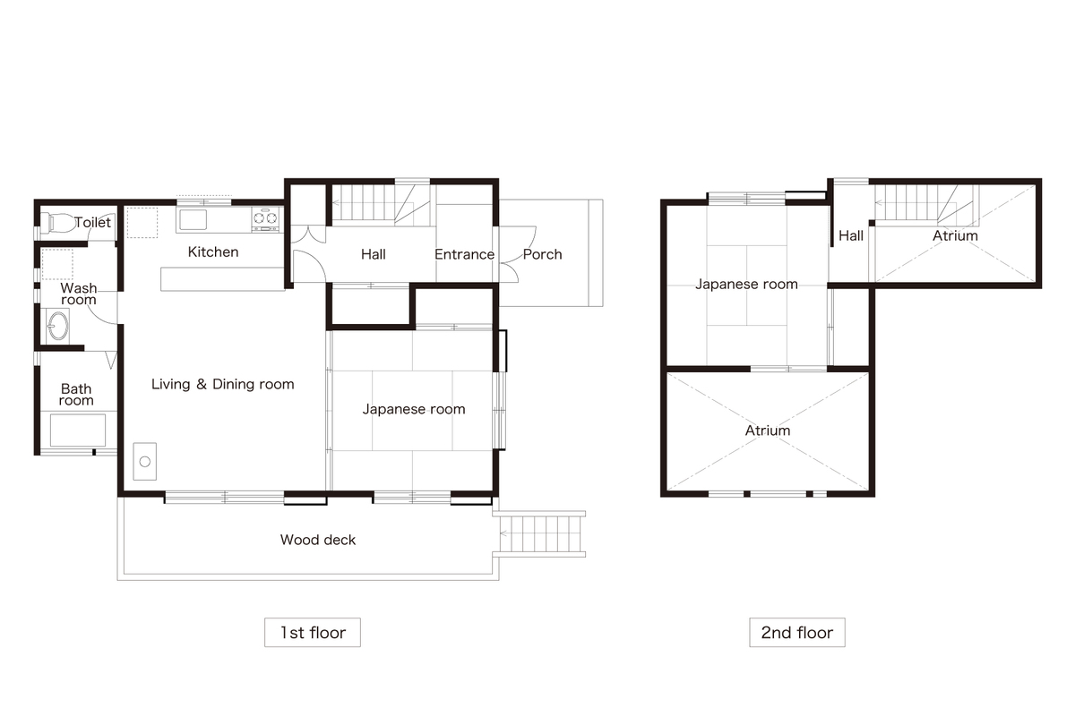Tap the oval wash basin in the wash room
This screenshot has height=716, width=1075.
point(57,326)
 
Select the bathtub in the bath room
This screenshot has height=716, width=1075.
point(78,430)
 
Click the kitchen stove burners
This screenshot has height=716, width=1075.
point(265,218)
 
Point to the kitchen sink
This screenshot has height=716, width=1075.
point(193,220)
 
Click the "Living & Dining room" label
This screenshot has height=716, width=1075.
point(223,384)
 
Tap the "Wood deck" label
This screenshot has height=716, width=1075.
point(318,540)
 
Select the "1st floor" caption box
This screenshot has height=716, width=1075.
point(313,633)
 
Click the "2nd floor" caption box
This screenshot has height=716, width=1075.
point(797,633)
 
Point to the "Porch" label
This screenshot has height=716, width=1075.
point(542,254)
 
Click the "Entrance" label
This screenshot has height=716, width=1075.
point(465,254)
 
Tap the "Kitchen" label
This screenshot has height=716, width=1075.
point(213,251)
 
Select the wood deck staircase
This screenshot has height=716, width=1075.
point(542,533)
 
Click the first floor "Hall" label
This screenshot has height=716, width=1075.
point(374,254)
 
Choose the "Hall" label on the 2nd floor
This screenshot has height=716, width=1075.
point(851,235)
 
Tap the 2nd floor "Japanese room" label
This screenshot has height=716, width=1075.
point(747,284)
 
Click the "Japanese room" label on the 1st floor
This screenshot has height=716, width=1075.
point(414,409)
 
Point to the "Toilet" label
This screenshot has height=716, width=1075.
point(92,222)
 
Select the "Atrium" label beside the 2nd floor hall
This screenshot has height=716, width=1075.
point(955,235)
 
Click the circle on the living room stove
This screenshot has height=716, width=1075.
point(145,462)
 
